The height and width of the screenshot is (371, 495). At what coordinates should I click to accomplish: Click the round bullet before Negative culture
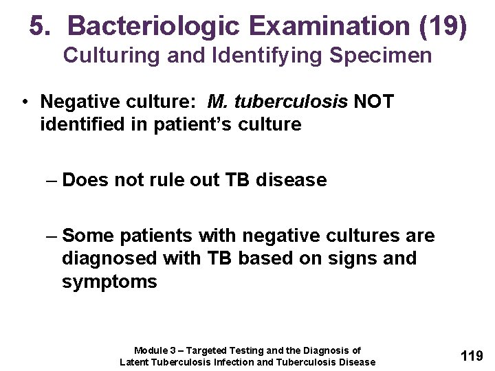point(24,102)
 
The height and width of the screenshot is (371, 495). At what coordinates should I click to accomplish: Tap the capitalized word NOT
point(373,102)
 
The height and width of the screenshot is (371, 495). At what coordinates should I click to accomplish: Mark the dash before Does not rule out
point(52,180)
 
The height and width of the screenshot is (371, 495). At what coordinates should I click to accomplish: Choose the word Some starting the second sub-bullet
point(88,236)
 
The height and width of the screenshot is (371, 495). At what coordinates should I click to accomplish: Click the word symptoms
point(109,282)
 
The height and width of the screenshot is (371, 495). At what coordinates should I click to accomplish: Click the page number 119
point(471,356)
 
